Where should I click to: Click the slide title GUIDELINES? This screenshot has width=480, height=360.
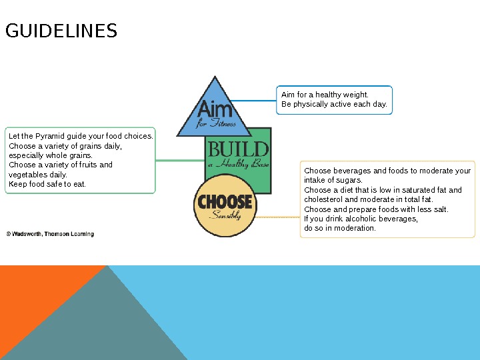point(61,31)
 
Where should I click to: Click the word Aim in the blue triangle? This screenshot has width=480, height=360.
point(215,107)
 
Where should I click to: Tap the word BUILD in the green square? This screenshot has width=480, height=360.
point(238,149)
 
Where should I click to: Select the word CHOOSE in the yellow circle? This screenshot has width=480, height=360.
point(225,201)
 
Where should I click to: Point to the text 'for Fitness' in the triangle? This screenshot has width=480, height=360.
point(216,123)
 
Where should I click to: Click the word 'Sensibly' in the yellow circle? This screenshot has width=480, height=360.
point(225,215)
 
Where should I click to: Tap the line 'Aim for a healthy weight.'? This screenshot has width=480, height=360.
point(325,95)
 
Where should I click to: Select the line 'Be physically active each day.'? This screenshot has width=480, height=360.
point(334,105)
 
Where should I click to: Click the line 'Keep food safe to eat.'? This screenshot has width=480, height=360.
point(47,184)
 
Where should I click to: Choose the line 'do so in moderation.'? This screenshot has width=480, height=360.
point(340,228)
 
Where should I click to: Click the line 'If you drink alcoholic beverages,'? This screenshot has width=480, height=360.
point(361,219)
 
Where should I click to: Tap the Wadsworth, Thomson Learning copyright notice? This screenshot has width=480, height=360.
point(50,234)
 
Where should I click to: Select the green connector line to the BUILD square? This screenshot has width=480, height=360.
point(180,160)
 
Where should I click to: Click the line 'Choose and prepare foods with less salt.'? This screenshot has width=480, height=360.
point(376,209)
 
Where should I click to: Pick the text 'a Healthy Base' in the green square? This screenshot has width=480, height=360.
point(238,165)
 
